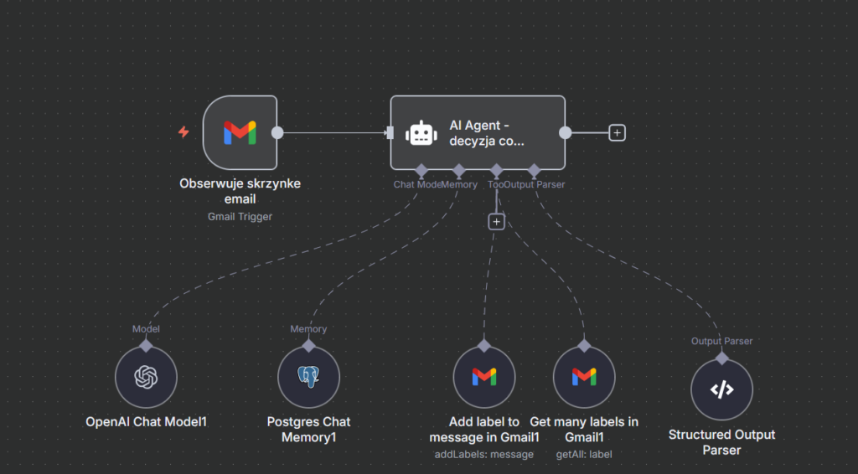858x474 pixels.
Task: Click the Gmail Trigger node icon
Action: [240, 132]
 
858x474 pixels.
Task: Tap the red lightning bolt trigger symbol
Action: [183, 132]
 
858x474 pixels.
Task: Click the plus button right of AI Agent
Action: [618, 132]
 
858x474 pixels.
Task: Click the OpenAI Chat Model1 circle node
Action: [146, 378]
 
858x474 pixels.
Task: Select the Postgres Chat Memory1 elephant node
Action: [308, 378]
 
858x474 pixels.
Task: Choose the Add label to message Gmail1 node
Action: [483, 378]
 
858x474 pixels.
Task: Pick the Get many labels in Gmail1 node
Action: [584, 378]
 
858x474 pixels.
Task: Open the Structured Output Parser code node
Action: [721, 389]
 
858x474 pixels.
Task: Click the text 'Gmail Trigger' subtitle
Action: [240, 216]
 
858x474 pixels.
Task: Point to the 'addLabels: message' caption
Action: [483, 454]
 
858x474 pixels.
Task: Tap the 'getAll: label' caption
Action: [584, 454]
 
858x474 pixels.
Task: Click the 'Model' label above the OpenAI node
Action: [146, 329]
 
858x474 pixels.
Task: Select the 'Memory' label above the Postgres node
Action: [308, 329]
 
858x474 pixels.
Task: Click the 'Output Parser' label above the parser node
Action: [721, 341]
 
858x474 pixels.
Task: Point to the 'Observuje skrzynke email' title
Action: [240, 191]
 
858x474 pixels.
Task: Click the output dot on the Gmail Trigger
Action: [277, 132]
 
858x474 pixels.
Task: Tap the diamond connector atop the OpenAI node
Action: [146, 345]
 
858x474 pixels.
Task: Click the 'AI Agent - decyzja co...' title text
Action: [486, 133]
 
